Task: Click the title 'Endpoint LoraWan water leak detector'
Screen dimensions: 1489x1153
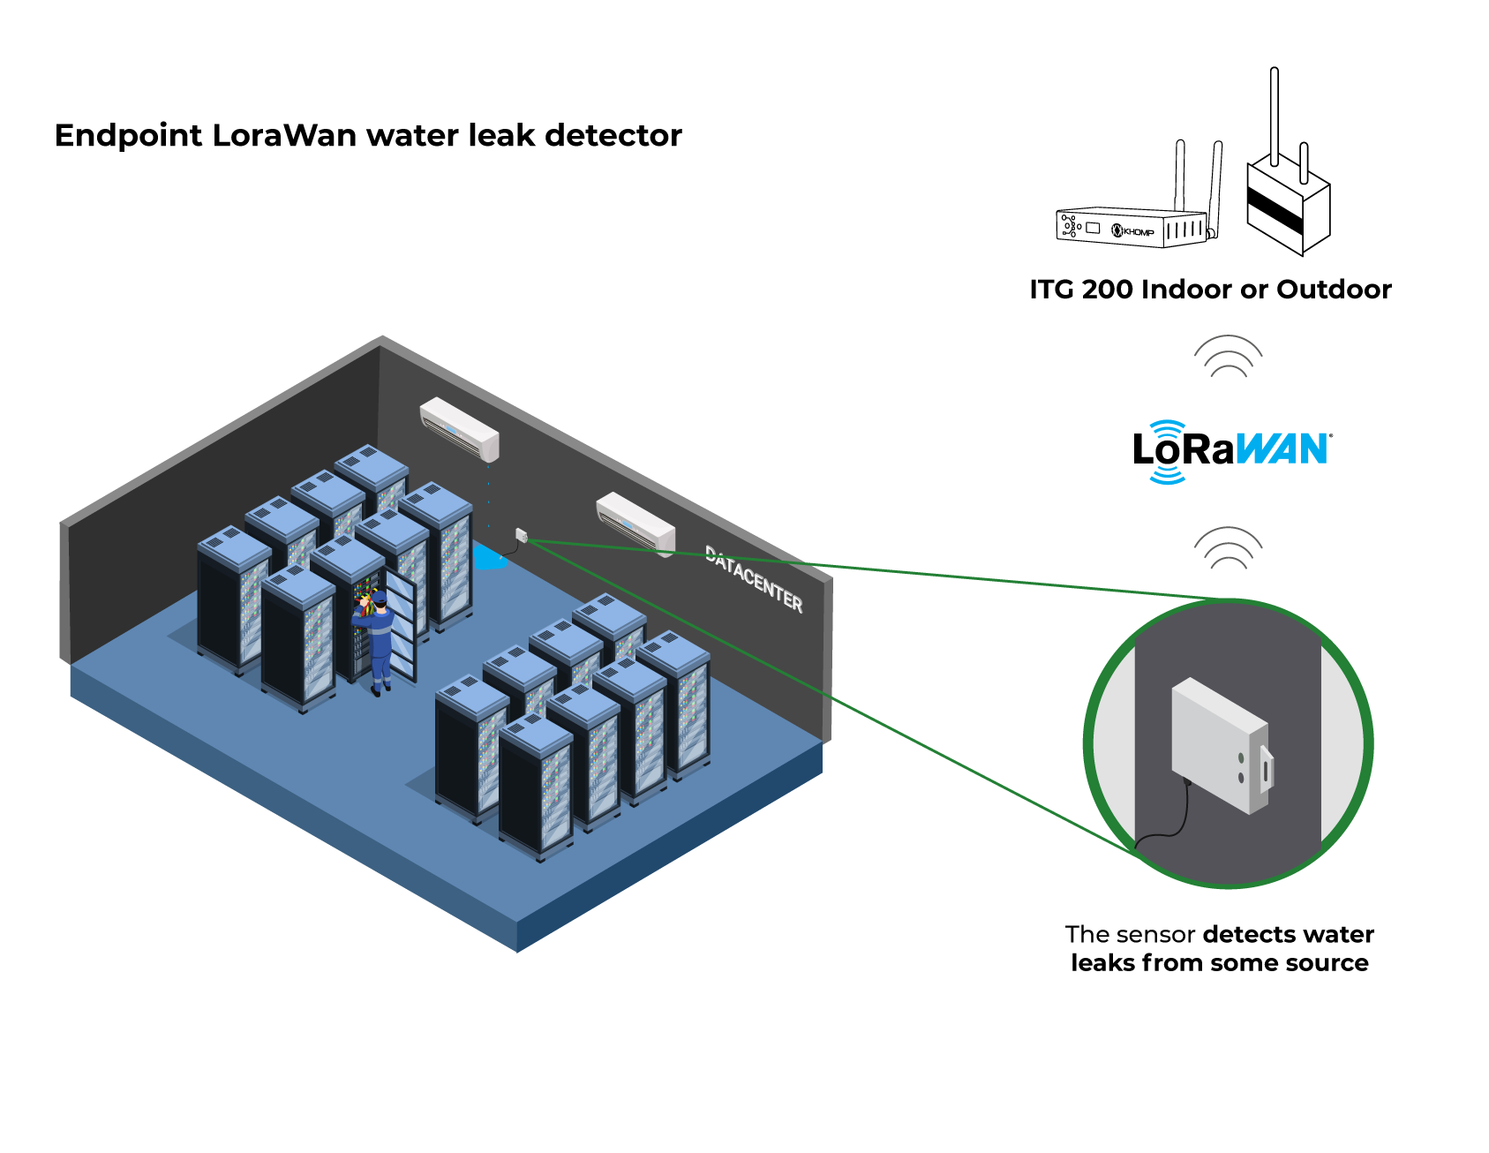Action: pos(368,136)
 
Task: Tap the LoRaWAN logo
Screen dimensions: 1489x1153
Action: pos(1232,451)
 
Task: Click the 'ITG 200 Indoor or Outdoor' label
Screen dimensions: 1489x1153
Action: pos(1210,290)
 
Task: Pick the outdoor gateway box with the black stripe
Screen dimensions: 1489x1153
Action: pos(1288,203)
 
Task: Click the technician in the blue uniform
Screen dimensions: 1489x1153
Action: pos(377,642)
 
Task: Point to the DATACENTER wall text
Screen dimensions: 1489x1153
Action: pos(754,579)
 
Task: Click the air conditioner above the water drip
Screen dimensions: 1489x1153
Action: pos(460,428)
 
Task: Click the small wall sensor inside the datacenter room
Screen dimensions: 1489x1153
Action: pos(522,535)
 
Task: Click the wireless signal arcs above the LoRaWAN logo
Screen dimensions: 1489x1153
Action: pos(1228,357)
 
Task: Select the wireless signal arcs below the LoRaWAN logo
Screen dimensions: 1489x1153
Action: pos(1228,548)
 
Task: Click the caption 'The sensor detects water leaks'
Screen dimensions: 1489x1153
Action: pos(1220,948)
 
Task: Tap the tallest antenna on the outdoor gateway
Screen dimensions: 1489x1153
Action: pos(1274,116)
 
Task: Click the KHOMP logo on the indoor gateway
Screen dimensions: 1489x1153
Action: pos(1133,231)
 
